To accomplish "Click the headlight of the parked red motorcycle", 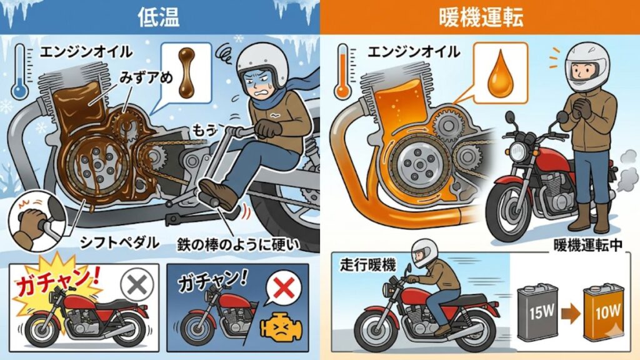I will click(517, 152).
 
